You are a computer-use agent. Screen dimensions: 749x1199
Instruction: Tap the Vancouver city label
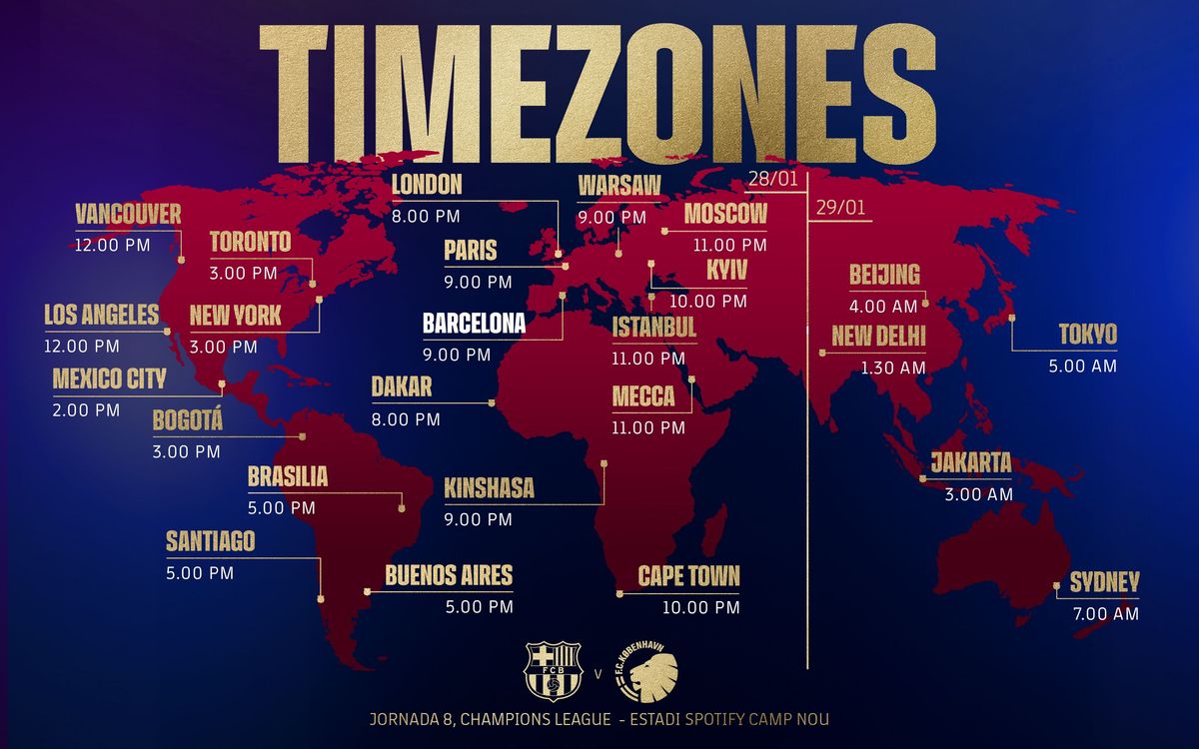coord(128,214)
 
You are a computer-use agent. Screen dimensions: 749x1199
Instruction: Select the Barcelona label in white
coord(474,324)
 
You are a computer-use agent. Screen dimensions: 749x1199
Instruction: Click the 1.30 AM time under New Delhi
coord(893,368)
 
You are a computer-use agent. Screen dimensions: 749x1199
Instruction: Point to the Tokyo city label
coord(1088,334)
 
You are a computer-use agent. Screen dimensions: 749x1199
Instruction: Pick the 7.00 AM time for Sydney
coord(1105,614)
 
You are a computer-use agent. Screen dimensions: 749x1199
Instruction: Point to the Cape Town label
coord(689,575)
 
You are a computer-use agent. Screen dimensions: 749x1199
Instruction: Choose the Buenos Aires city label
coord(449,574)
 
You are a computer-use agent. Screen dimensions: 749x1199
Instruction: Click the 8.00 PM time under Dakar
coord(406,419)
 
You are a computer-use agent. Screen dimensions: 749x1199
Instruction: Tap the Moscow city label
coord(725,213)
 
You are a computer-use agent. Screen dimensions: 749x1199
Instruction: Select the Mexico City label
coord(109,378)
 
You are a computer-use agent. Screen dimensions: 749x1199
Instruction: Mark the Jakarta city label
coord(971,462)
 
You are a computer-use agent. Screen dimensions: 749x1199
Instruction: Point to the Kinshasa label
coord(490,488)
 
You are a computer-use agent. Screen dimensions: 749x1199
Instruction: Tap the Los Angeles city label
coord(101,315)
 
